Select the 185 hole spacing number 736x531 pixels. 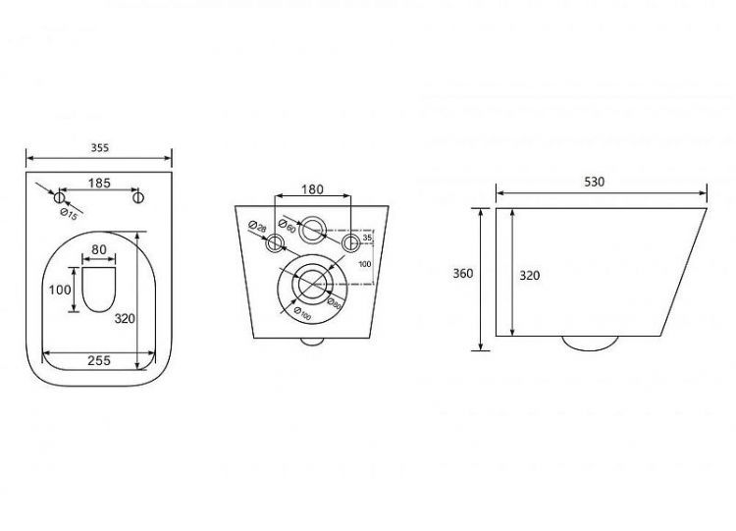(x=98, y=182)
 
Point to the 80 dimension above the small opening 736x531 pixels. (x=98, y=249)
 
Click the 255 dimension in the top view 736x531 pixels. (x=97, y=360)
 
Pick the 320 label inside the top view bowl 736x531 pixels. (x=126, y=318)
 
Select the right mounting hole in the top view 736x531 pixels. (x=137, y=197)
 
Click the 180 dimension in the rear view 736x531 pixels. (x=313, y=189)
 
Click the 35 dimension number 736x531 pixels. (x=366, y=238)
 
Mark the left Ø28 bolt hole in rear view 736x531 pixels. (x=276, y=243)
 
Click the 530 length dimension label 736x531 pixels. (x=595, y=182)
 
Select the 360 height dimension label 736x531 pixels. (x=464, y=274)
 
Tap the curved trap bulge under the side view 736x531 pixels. (x=587, y=343)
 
